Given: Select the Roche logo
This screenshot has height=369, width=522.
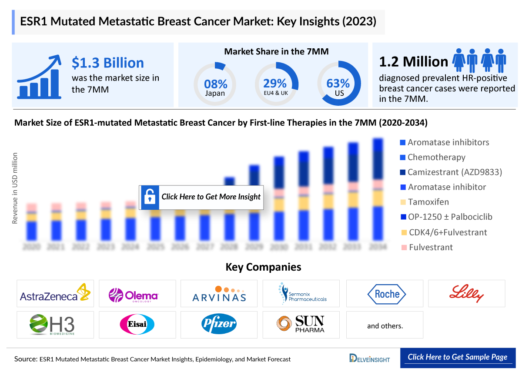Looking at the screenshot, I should pyautogui.click(x=384, y=294).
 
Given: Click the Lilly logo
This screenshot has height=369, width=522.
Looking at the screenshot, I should pyautogui.click(x=466, y=294).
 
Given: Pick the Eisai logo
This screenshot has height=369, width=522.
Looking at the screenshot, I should pyautogui.click(x=137, y=325).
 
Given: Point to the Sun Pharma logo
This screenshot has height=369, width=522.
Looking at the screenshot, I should pyautogui.click(x=301, y=324).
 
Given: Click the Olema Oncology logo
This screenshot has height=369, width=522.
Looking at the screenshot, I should pyautogui.click(x=137, y=294).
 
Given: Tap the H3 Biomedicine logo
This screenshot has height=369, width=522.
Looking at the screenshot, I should pyautogui.click(x=55, y=325).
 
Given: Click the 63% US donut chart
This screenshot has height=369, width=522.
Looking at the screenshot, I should pyautogui.click(x=338, y=83).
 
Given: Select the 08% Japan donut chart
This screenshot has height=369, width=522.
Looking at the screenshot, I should pyautogui.click(x=215, y=83).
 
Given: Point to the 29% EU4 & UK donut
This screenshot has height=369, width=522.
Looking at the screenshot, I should pyautogui.click(x=276, y=83).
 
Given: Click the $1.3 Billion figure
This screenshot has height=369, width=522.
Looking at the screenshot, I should pyautogui.click(x=108, y=63).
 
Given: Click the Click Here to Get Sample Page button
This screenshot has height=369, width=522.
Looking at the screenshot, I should pyautogui.click(x=458, y=357).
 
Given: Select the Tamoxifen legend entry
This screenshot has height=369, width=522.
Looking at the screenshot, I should pyautogui.click(x=428, y=202).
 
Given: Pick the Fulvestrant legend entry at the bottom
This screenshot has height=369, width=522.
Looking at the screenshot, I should pyautogui.click(x=430, y=247).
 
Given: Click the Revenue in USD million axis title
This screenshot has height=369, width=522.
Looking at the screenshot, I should pyautogui.click(x=15, y=188).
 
